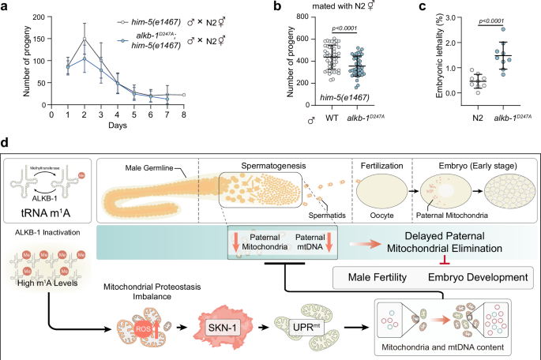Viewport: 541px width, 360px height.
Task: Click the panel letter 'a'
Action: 6,7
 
